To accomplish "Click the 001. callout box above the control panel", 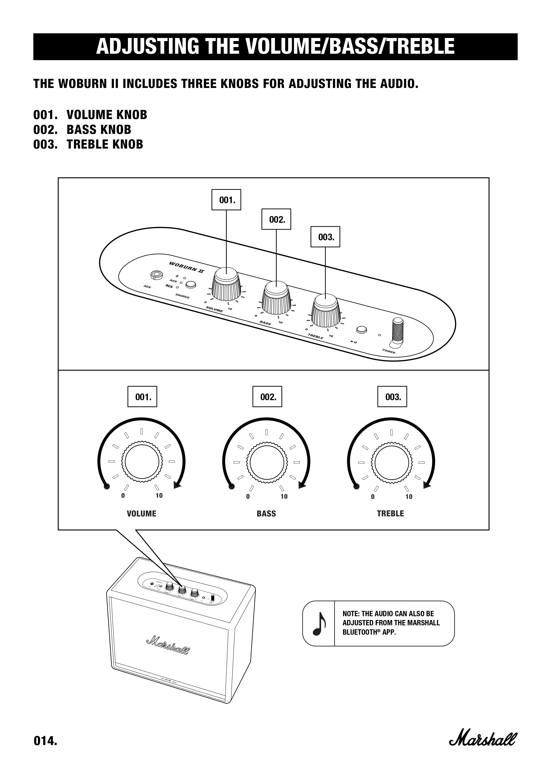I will coord(226,200).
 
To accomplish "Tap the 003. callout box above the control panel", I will coord(325,237).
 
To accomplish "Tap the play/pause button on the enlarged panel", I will coord(362,330).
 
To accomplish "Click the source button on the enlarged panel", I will coord(191,284).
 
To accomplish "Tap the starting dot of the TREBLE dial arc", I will coord(356,487).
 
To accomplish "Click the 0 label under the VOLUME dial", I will coord(123,496).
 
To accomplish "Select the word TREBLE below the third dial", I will coord(390,514).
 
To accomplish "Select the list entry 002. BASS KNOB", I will coord(82,130).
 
